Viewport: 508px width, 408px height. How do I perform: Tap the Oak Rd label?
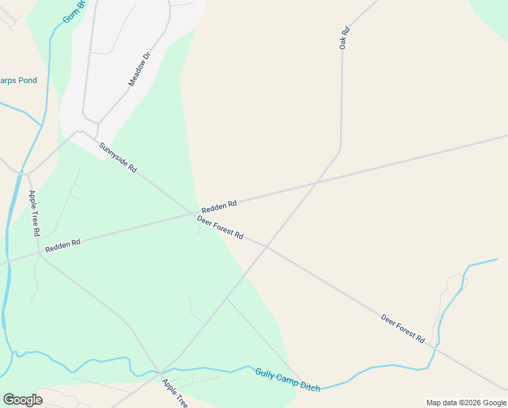point(344,37)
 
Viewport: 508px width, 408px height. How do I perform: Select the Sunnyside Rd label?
point(118,157)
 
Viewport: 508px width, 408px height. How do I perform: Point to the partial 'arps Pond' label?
point(18,80)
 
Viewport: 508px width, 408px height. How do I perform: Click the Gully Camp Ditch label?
point(287,379)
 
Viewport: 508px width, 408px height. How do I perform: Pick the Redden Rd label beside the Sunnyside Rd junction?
point(219,204)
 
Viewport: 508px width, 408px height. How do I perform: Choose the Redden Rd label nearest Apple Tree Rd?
point(62,245)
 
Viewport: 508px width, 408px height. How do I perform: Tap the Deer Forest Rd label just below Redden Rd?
point(220,226)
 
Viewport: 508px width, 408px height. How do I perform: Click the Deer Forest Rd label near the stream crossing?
point(403,328)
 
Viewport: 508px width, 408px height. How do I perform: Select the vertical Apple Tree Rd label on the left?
point(34,213)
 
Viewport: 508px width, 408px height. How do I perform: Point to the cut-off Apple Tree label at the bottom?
point(176,393)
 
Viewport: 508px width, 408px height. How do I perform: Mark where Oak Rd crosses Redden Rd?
point(314,183)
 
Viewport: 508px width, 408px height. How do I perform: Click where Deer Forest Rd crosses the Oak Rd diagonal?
point(266,246)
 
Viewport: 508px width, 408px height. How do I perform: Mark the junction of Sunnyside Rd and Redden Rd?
point(196,214)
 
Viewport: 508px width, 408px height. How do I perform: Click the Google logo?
point(23,399)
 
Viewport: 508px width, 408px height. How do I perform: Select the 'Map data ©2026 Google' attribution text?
point(465,403)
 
